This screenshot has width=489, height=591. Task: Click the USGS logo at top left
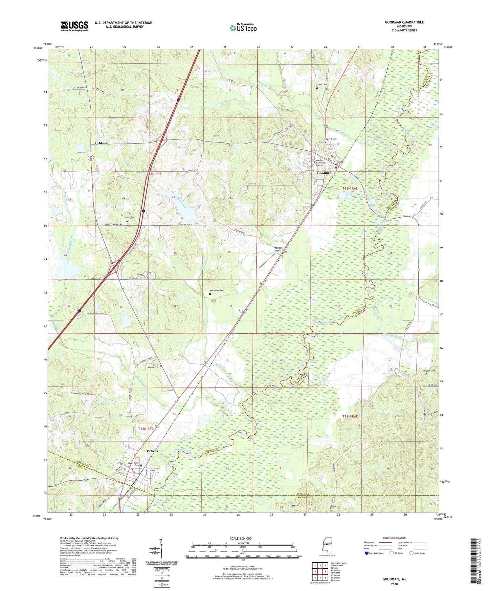tap(74, 26)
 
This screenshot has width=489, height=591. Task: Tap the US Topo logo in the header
tap(243, 28)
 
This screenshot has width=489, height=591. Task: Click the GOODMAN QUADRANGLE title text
tap(404, 22)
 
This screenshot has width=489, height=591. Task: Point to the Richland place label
tap(101, 143)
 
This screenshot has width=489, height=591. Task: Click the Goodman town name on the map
tap(324, 173)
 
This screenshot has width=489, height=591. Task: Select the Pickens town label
tap(152, 451)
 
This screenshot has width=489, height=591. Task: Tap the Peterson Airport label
tap(278, 249)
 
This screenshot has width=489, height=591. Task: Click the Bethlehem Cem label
tap(217, 290)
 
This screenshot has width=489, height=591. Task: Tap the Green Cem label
tap(321, 85)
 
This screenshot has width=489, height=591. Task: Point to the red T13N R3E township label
tap(154, 174)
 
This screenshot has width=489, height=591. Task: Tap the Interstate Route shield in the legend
tap(367, 553)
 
